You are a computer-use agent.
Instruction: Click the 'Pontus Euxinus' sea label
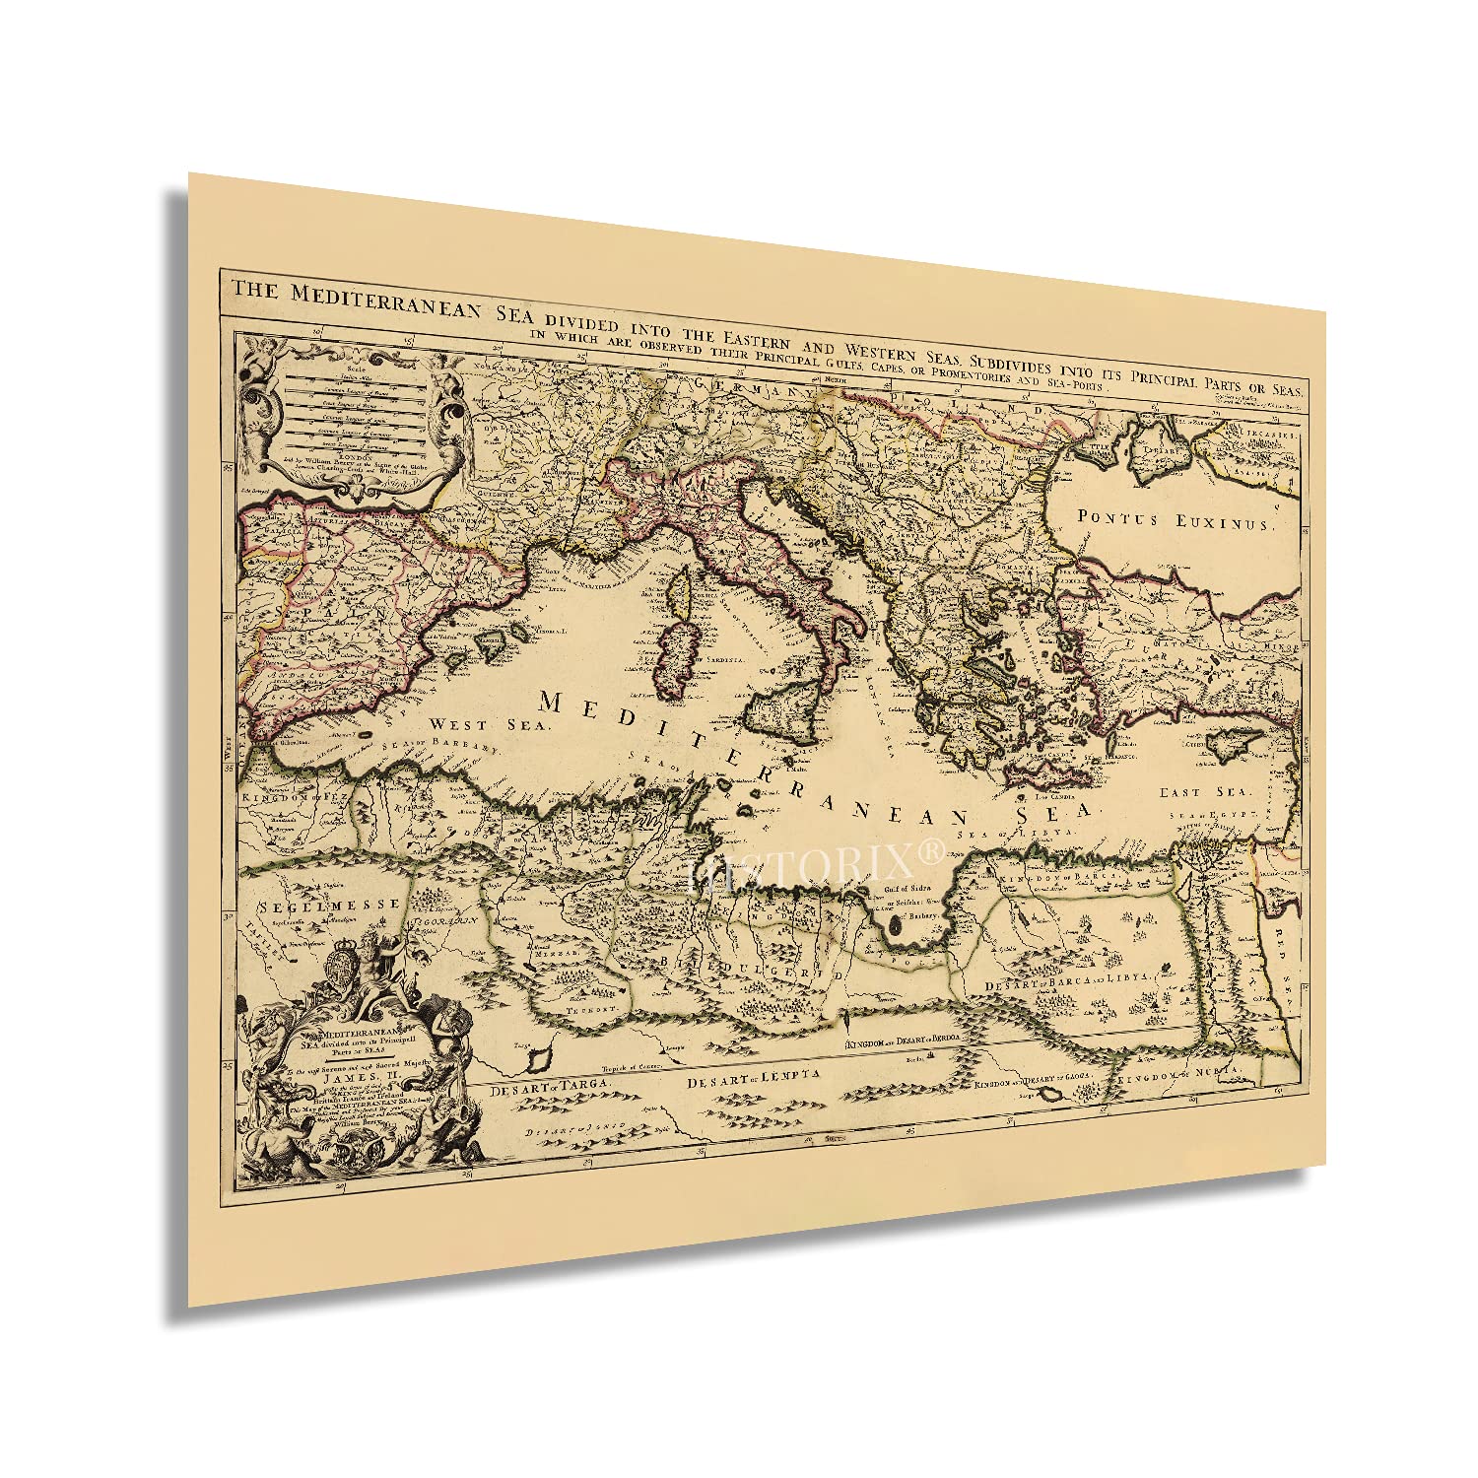(x=1175, y=519)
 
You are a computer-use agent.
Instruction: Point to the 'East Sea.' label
(x=1204, y=791)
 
